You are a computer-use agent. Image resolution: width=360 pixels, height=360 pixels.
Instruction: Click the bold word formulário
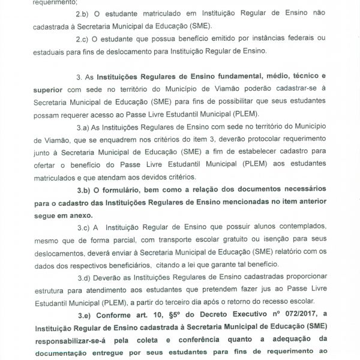click(123, 190)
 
